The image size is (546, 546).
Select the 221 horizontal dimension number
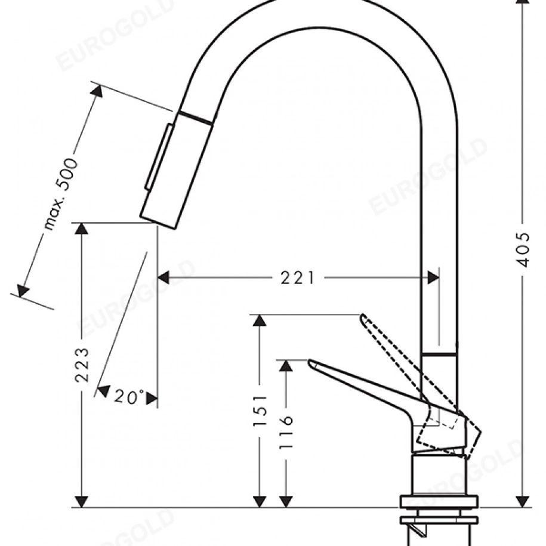298,278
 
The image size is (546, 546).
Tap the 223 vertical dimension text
82,365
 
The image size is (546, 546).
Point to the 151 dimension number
260,410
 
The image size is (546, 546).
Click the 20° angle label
129,396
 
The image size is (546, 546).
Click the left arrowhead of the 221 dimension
164,278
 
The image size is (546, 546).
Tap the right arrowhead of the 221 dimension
433,278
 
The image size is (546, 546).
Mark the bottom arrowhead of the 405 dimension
522,501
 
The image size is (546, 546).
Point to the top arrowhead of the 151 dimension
260,320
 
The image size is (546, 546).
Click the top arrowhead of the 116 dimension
286,365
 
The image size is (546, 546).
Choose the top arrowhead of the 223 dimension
82,229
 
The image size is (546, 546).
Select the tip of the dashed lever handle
362,316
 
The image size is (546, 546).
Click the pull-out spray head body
176,171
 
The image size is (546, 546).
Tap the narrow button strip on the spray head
159,157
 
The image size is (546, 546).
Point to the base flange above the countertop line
439,501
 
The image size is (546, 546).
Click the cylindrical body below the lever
439,474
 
